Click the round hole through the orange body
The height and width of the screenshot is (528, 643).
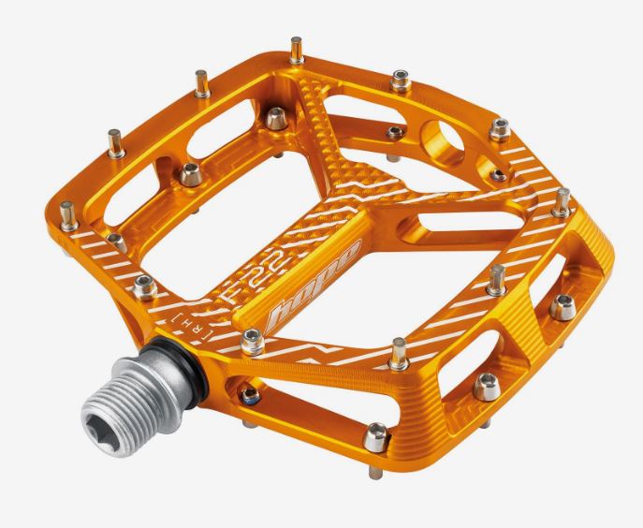point(444,140)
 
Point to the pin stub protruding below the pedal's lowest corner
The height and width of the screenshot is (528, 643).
point(375,472)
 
